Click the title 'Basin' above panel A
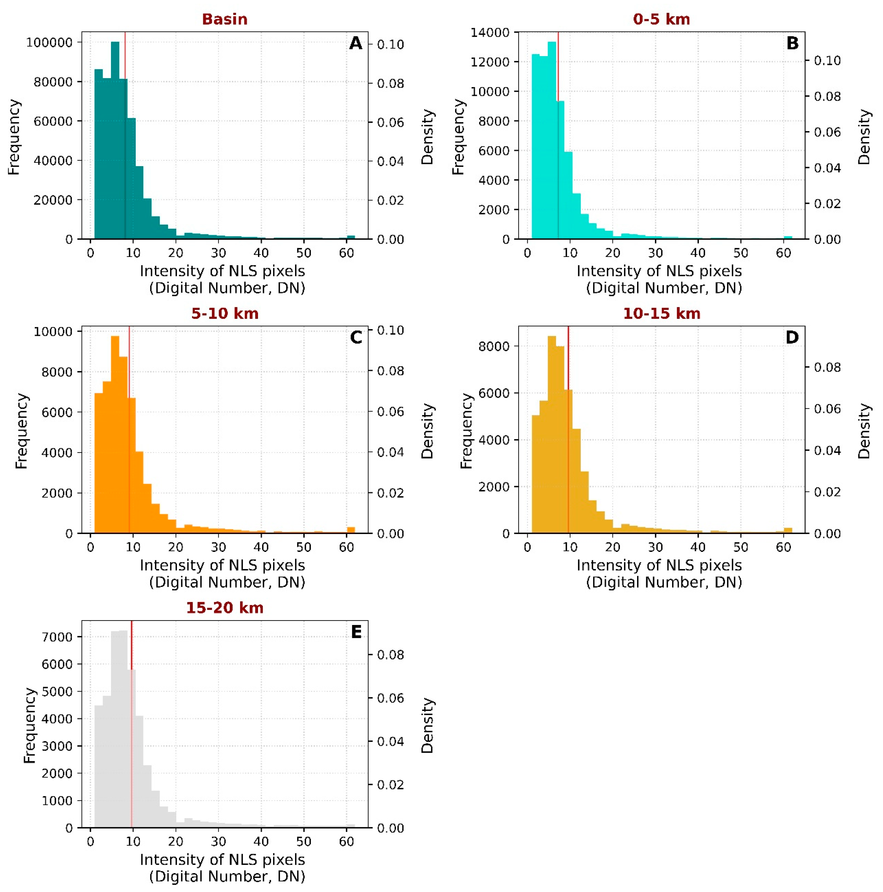tap(225, 19)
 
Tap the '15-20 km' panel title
tap(225, 608)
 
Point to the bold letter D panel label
tap(792, 338)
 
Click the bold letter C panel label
tap(356, 338)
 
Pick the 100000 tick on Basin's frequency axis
tap(49, 43)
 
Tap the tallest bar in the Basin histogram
tap(115, 139)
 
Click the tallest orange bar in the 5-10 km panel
tap(115, 434)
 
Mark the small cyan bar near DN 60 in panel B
tap(788, 237)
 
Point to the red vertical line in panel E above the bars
tap(131, 644)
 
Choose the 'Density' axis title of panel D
tap(864, 431)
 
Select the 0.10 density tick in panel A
tap(390, 44)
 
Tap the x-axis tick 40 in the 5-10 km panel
tap(261, 547)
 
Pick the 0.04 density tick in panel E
tap(390, 742)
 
